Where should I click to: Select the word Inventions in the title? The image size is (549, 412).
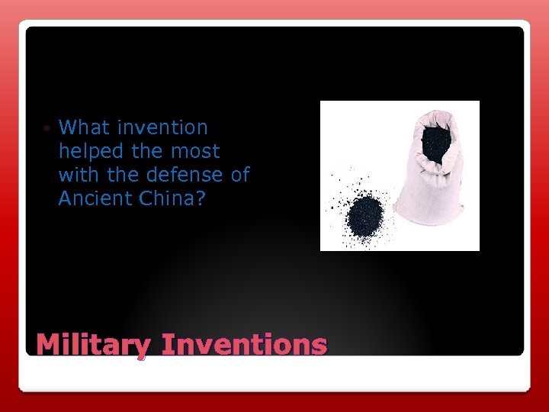[245, 344]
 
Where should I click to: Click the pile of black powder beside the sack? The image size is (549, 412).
[362, 217]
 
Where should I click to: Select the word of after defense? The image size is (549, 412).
[239, 175]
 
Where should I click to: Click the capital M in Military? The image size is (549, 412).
[50, 344]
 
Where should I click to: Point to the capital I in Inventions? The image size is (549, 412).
[169, 344]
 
